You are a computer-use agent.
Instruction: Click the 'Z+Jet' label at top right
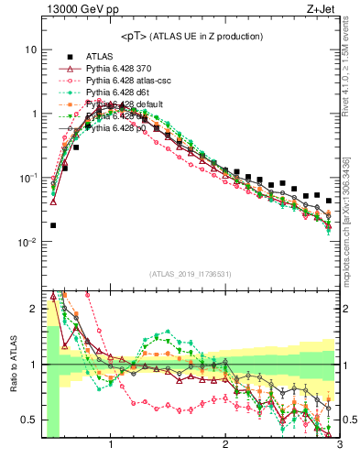tap(323, 10)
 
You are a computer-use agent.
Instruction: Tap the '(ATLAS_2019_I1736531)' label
tap(191, 274)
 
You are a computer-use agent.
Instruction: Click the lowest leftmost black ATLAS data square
tap(53, 225)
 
